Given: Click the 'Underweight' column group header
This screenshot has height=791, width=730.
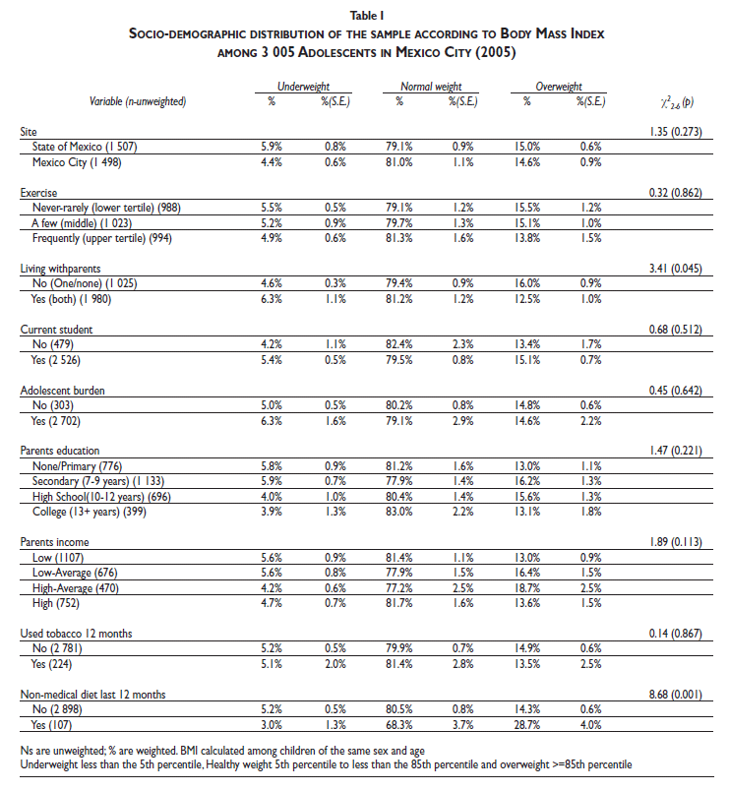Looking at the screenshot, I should tap(303, 85).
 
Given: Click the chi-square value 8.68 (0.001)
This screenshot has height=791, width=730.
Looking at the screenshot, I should tap(675, 695).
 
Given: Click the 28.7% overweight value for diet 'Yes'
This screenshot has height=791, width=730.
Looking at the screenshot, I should tap(527, 725).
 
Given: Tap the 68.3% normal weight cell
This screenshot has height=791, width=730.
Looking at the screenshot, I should tap(400, 725).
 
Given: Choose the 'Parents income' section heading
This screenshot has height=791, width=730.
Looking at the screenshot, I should tap(55, 540).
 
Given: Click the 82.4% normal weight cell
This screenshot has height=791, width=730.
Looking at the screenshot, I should tap(400, 345).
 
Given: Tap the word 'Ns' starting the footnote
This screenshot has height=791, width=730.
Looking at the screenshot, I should tap(27, 750).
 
